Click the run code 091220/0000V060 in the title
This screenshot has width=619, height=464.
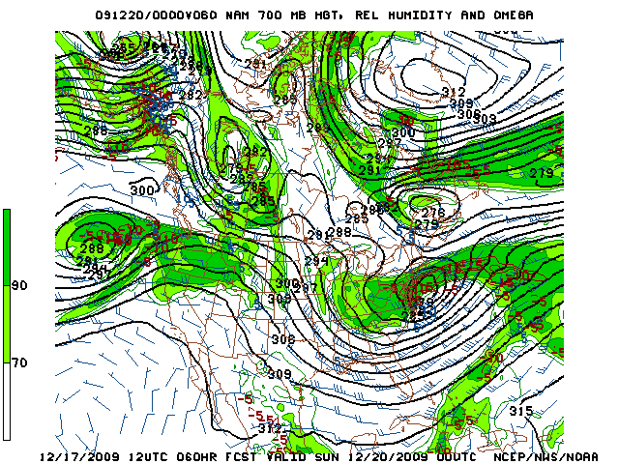(x=158, y=15)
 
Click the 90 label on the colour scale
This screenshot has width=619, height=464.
(x=18, y=286)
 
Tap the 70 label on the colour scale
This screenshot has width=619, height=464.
(x=18, y=362)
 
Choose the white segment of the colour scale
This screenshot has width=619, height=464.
(x=8, y=401)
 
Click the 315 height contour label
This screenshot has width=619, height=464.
(x=521, y=412)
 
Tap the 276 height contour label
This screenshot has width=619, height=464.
(x=432, y=213)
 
